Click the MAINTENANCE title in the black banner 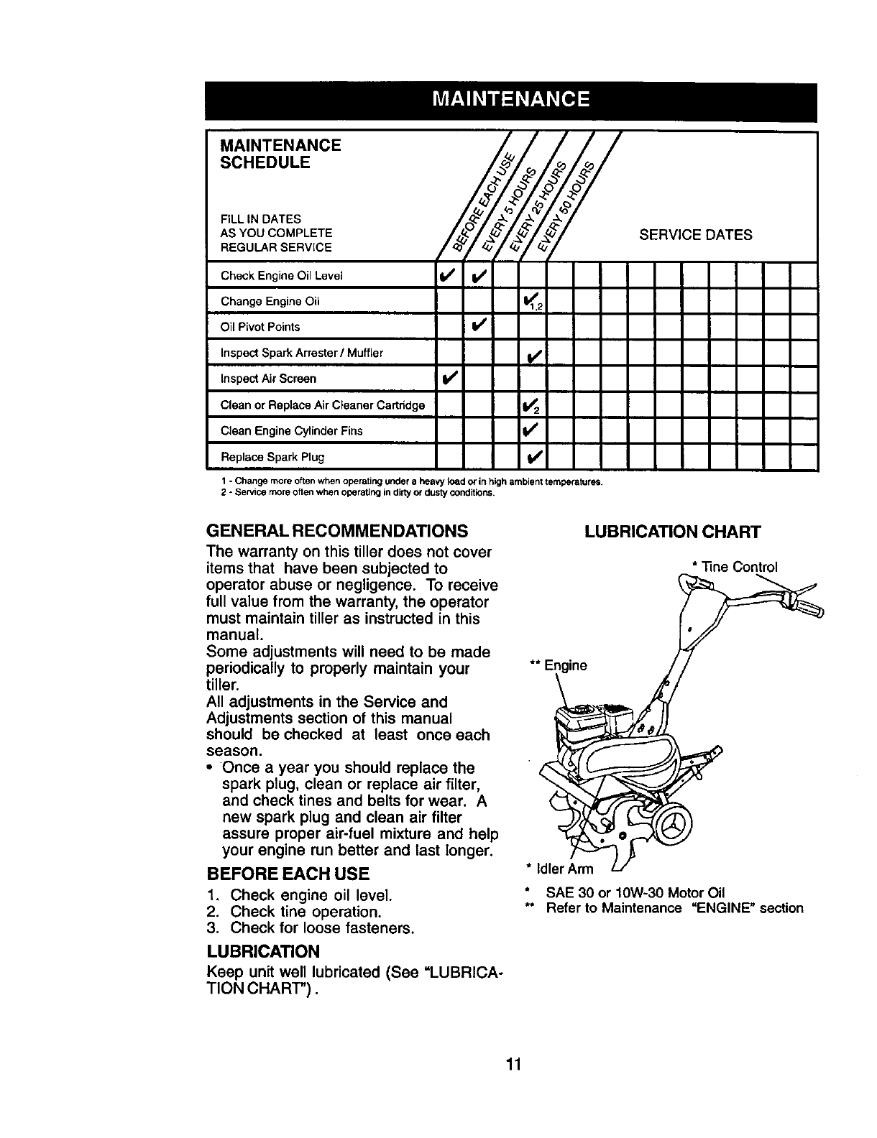point(511,98)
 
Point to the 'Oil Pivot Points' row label point(260,327)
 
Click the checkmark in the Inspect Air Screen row point(449,379)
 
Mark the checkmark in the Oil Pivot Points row point(479,327)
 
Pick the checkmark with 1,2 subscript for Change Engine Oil point(533,302)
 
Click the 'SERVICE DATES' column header point(696,235)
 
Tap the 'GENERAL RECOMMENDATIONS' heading point(337,532)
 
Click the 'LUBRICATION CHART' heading point(672,532)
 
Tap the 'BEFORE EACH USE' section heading point(288,874)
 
